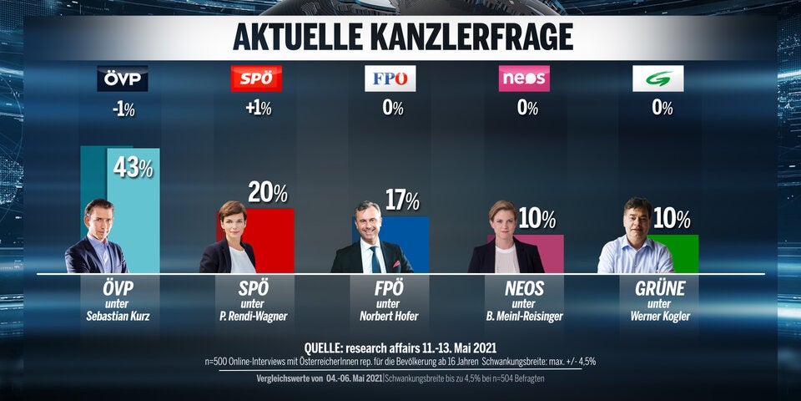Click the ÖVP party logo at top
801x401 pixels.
pyautogui.click(x=123, y=79)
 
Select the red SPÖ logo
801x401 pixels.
pyautogui.click(x=256, y=79)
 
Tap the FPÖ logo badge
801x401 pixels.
pyautogui.click(x=390, y=79)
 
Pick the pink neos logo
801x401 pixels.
pyautogui.click(x=524, y=79)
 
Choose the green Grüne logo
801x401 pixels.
pyautogui.click(x=657, y=79)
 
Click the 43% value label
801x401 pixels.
pyautogui.click(x=133, y=168)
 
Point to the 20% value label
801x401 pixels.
pyautogui.click(x=267, y=194)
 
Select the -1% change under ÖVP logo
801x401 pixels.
pyautogui.click(x=123, y=109)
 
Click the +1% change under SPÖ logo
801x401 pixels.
pyautogui.click(x=256, y=109)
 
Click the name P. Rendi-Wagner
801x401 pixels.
pyautogui.click(x=256, y=317)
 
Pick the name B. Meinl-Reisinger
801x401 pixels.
pyautogui.click(x=524, y=317)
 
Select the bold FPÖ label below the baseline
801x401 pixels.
pyautogui.click(x=390, y=290)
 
